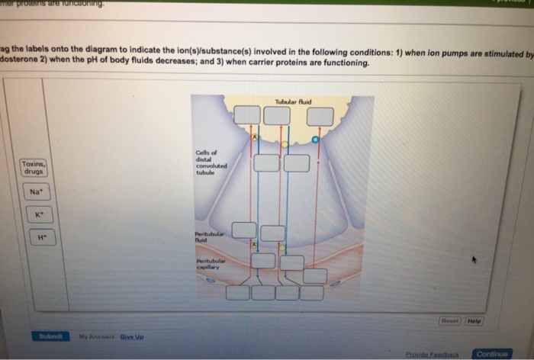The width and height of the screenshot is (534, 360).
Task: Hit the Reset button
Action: coord(449,321)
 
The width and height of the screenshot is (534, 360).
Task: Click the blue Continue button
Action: coord(492,354)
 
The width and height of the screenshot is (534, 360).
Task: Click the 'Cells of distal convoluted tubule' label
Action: coord(207,162)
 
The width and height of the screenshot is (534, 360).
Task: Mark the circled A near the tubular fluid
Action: coord(256,137)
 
